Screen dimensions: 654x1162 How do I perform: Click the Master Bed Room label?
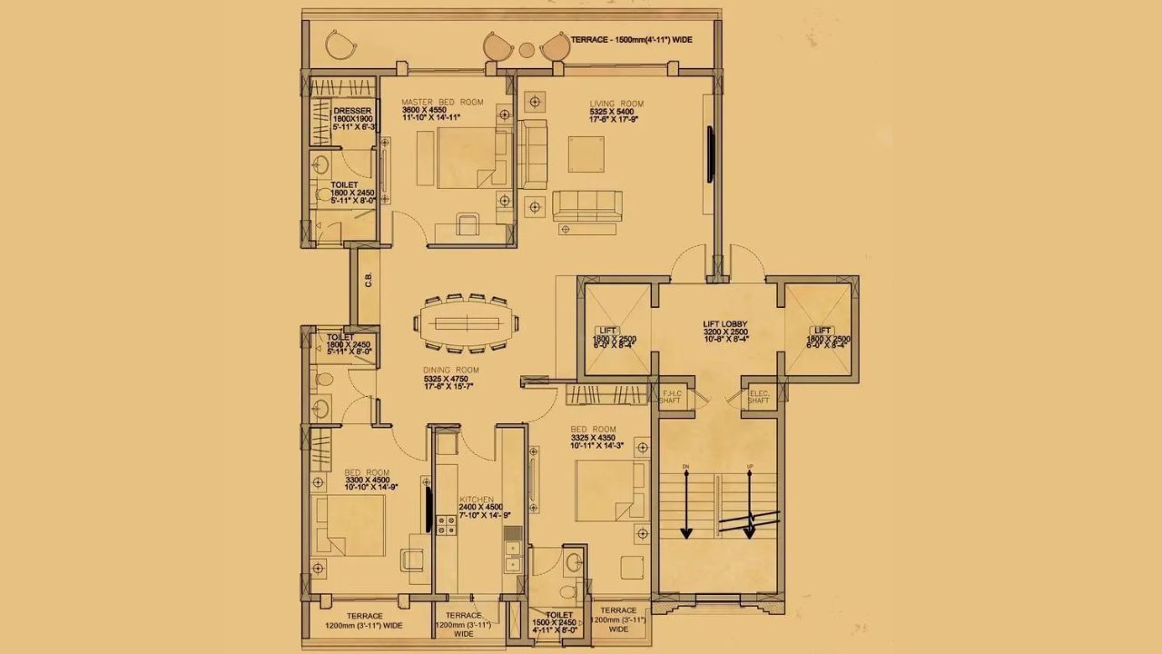coord(443,102)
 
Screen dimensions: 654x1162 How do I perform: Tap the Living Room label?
coord(616,104)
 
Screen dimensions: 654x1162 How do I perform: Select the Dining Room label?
coord(450,371)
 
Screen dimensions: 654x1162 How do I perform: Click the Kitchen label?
coord(477,500)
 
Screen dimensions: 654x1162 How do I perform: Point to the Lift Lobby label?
coord(724,324)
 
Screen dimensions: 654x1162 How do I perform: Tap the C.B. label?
coord(369,280)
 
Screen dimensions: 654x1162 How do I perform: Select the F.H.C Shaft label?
coord(671,395)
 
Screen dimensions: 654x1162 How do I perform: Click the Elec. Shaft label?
coord(759,395)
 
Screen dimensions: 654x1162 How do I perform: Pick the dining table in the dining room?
coord(467,322)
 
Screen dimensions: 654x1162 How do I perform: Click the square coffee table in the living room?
coord(586,154)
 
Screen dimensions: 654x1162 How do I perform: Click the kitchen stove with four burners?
coord(446,524)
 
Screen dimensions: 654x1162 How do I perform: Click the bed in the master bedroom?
coord(472,158)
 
